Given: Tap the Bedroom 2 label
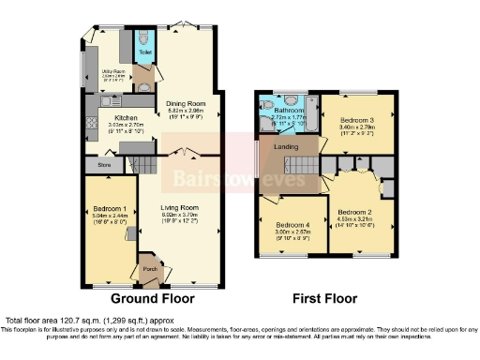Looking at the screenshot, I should [x=355, y=212].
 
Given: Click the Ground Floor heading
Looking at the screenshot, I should [x=153, y=299].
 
